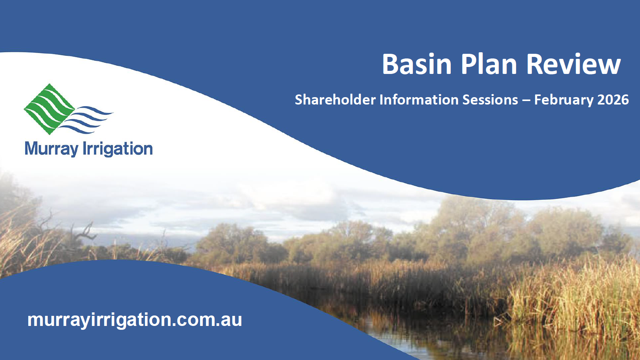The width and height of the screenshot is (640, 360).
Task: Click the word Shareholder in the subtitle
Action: (x=335, y=100)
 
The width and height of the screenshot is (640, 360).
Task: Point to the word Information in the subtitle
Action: (x=419, y=100)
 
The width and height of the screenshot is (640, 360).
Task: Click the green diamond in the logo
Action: (x=49, y=109)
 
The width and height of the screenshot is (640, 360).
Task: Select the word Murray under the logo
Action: (x=51, y=149)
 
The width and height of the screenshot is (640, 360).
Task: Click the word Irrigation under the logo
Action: (x=117, y=149)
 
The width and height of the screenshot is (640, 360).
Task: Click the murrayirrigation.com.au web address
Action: (x=135, y=320)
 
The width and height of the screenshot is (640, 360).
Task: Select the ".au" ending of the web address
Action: (x=227, y=320)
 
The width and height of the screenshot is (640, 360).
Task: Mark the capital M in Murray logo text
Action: (x=32, y=148)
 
